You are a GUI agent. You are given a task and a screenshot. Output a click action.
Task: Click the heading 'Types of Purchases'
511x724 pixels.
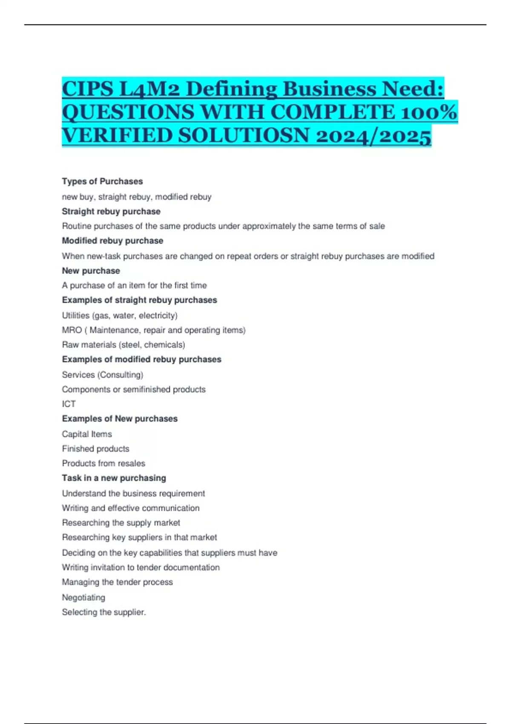click(x=102, y=181)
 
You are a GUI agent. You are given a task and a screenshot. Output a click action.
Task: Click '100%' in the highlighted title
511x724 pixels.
click(x=430, y=112)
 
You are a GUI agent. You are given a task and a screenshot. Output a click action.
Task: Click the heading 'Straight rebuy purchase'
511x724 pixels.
click(x=111, y=211)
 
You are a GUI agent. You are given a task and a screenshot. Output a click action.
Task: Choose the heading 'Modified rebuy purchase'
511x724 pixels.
click(x=112, y=241)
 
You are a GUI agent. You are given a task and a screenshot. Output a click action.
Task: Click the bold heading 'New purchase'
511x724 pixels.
click(x=91, y=271)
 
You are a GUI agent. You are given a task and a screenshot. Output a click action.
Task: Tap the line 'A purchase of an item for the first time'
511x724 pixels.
click(x=134, y=285)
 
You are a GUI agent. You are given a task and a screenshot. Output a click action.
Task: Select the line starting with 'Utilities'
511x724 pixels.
click(x=120, y=316)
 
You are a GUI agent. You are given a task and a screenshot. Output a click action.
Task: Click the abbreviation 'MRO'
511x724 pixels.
click(x=72, y=330)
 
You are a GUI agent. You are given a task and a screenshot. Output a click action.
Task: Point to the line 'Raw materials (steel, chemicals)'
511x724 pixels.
click(x=123, y=345)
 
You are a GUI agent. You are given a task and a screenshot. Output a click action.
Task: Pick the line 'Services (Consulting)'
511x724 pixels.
click(x=103, y=375)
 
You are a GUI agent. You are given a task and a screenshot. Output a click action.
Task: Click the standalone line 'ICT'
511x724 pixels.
click(x=69, y=404)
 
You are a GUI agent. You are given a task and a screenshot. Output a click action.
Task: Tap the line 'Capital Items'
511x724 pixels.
click(x=87, y=434)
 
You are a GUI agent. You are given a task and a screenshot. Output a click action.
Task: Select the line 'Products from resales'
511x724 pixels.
click(x=103, y=463)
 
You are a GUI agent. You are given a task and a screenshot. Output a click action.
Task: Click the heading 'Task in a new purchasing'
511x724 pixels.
click(x=114, y=478)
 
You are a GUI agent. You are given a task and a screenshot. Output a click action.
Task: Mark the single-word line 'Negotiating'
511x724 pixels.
click(x=83, y=598)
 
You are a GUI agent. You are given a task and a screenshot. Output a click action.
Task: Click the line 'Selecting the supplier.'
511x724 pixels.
click(x=104, y=612)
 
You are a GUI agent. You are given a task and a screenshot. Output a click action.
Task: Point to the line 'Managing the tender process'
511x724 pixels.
click(x=117, y=582)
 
